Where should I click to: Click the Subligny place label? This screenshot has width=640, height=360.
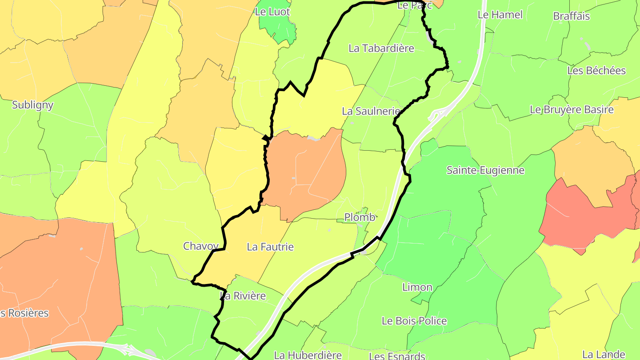point(33,105)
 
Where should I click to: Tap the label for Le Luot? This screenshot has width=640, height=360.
point(272,12)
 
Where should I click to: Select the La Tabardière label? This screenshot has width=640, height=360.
point(381,48)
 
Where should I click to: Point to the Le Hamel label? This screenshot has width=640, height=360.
point(500,15)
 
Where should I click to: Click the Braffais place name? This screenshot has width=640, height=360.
point(572,16)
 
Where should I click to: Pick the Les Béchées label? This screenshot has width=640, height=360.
point(596,71)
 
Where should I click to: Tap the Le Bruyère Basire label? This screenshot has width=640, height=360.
point(572,110)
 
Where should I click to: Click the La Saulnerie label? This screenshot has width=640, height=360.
point(371,111)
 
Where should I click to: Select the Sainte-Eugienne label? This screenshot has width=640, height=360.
point(485,170)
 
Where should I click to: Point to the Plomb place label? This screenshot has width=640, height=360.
point(360,217)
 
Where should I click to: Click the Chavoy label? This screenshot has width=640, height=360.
point(201,246)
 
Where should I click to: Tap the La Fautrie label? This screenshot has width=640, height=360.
point(270,247)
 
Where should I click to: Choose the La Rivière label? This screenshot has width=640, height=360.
point(243,296)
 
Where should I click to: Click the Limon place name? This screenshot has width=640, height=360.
point(417,287)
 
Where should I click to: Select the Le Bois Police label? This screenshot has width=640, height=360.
point(414,321)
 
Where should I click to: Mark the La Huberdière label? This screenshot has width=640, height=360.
point(308,355)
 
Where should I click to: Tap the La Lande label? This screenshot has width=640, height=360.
point(604,355)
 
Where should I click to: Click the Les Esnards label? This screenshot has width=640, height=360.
point(397,356)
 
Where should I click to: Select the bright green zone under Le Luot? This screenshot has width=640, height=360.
point(279,28)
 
